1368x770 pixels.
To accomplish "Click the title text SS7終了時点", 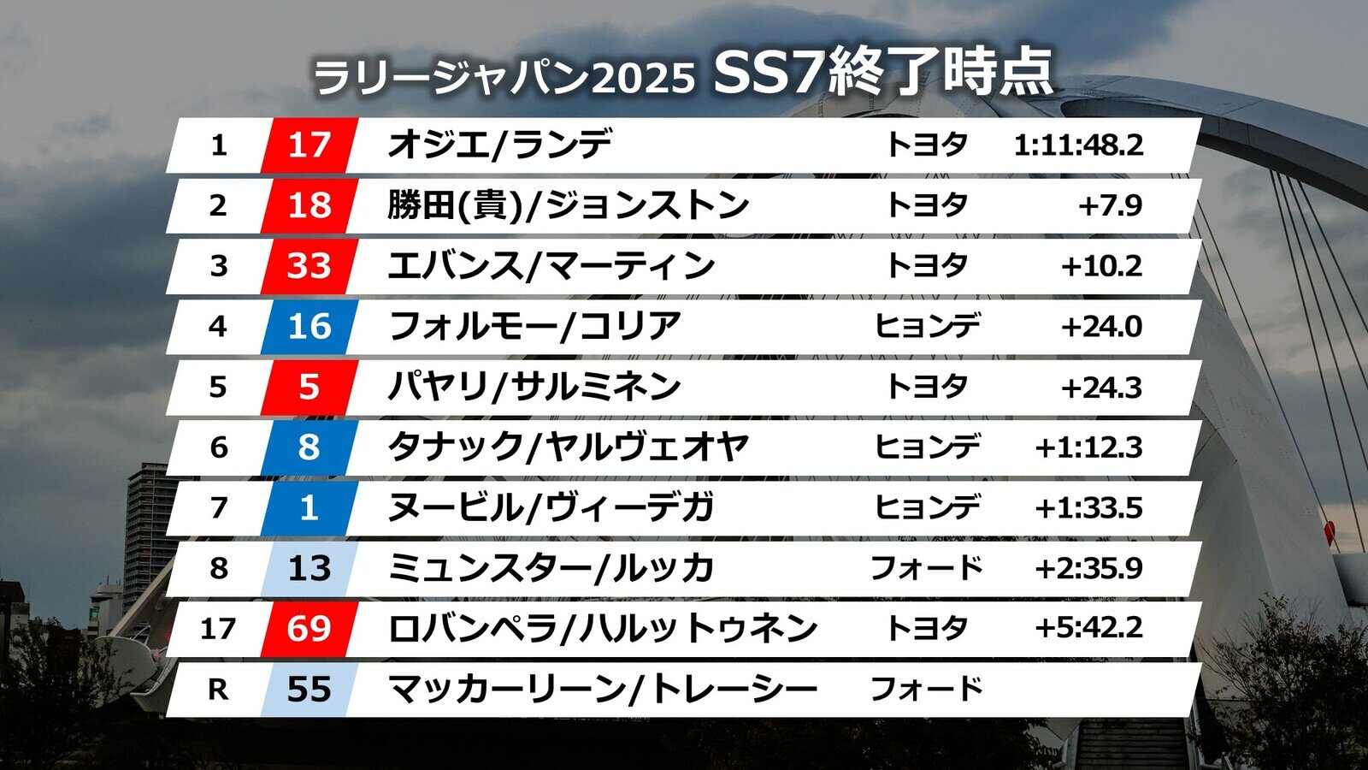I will pyautogui.click(x=882, y=73).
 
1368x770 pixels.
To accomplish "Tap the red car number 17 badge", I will pyautogui.click(x=309, y=145).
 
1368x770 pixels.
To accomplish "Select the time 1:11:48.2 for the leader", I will pyautogui.click(x=1077, y=145).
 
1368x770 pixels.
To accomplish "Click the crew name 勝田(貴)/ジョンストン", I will pyautogui.click(x=568, y=205).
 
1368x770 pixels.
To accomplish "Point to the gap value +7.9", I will pyautogui.click(x=1110, y=205).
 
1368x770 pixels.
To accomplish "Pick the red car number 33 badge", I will pyautogui.click(x=309, y=266).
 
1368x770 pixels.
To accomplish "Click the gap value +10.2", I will pyautogui.click(x=1101, y=266).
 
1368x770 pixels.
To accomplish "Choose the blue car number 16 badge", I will pyautogui.click(x=309, y=327).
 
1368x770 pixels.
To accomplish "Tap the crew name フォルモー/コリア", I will pyautogui.click(x=534, y=327).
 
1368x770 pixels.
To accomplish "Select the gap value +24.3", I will pyautogui.click(x=1101, y=388).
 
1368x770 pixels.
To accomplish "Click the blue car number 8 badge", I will pyautogui.click(x=309, y=447).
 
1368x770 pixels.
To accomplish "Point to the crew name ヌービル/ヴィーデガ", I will pyautogui.click(x=551, y=508).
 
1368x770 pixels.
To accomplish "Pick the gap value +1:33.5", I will pyautogui.click(x=1088, y=508).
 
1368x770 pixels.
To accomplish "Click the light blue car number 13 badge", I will pyautogui.click(x=309, y=568).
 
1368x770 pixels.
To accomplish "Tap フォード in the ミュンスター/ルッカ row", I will pyautogui.click(x=926, y=568).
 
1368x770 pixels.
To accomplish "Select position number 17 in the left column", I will pyautogui.click(x=218, y=629).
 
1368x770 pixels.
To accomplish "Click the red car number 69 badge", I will pyautogui.click(x=309, y=629).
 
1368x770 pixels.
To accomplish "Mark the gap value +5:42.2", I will pyautogui.click(x=1088, y=629).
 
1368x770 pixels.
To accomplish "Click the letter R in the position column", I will pyautogui.click(x=218, y=690).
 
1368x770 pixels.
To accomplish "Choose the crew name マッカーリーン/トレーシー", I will pyautogui.click(x=602, y=690).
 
